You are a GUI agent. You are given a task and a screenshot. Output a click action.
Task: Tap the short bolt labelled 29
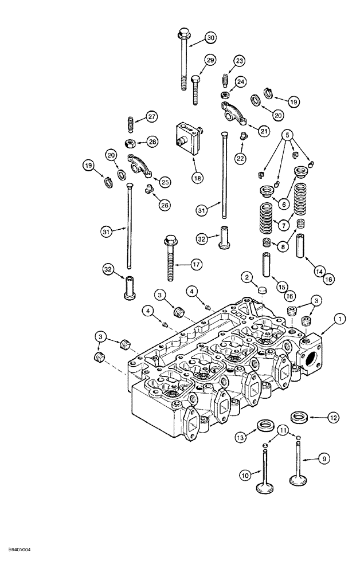195,89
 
